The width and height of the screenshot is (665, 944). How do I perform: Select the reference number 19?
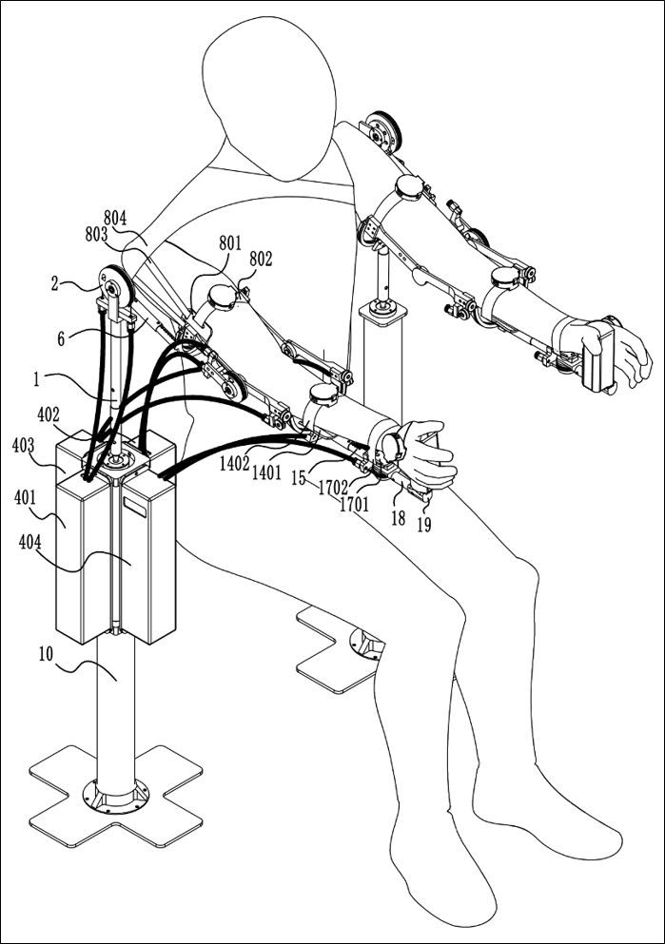point(423,523)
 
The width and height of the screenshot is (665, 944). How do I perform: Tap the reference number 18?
point(397,518)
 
